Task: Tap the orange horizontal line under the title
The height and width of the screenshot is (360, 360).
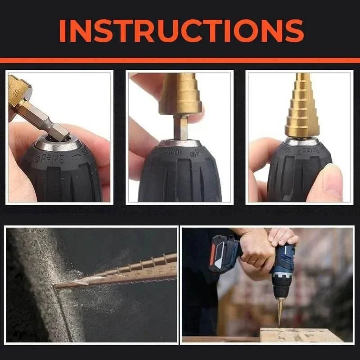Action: (x=180, y=60)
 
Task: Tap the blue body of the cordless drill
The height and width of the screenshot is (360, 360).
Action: (x=283, y=265)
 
